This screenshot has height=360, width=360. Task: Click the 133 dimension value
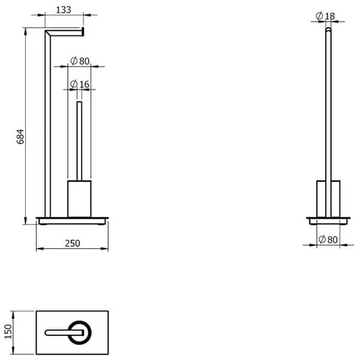tap(64, 10)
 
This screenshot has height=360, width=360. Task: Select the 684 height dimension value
tap(20, 137)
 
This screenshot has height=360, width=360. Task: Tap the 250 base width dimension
tap(73, 244)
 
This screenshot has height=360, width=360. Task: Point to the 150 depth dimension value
tap(8, 332)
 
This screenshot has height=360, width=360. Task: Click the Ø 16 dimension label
tap(80, 84)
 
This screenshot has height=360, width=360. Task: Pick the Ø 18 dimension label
tap(325, 16)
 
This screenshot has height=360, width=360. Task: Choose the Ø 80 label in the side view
tap(328, 239)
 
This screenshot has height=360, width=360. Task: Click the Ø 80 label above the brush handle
tap(80, 61)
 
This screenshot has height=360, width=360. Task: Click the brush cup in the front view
tap(79, 199)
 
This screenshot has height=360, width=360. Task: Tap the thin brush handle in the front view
tap(79, 141)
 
